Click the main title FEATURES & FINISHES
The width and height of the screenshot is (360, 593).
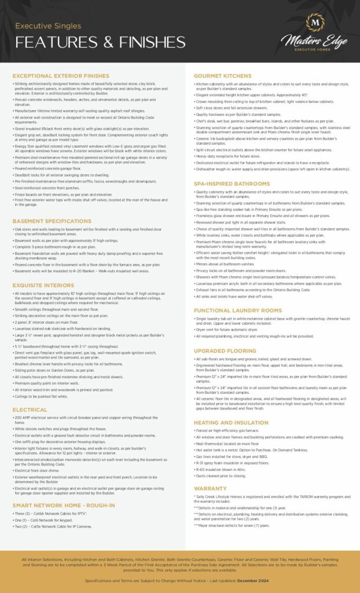pyautogui.click(x=100, y=42)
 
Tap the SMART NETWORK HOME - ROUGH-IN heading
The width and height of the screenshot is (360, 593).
pyautogui.click(x=64, y=506)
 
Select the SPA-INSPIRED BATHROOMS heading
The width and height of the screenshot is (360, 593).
pyautogui.click(x=232, y=184)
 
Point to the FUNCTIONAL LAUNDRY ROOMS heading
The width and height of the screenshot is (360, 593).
pyautogui.click(x=237, y=310)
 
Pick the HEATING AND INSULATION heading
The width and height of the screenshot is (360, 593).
pyautogui.click(x=231, y=422)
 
